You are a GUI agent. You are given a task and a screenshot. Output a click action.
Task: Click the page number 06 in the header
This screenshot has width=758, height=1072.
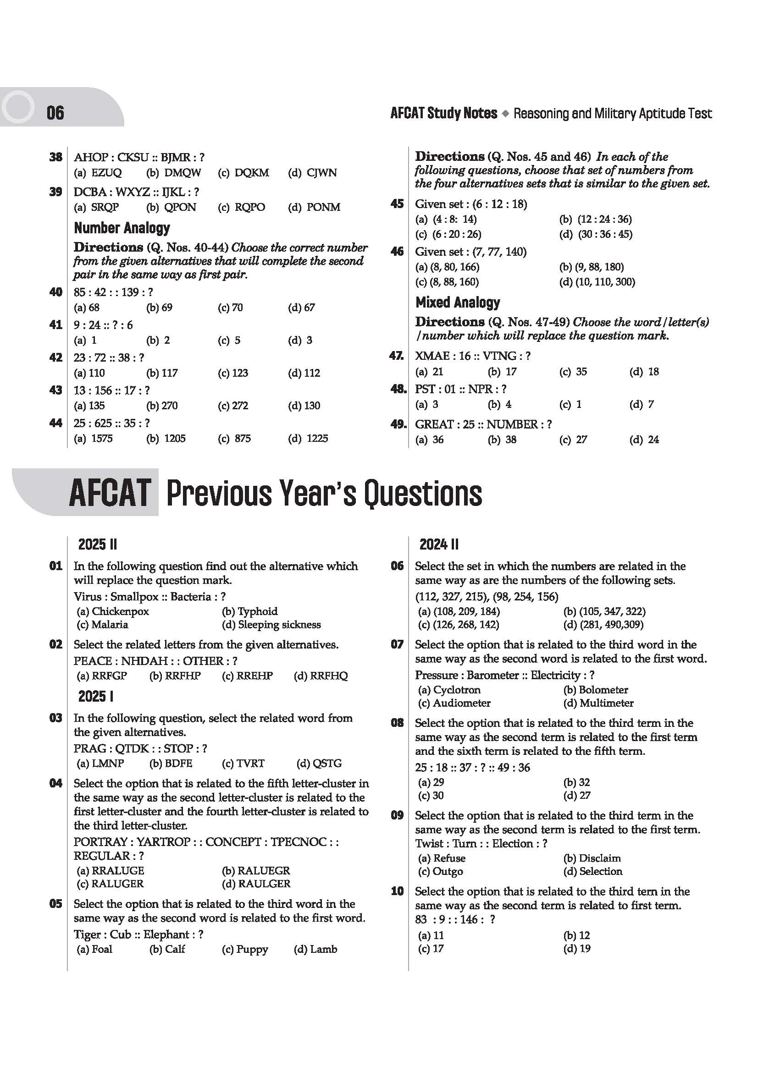[x=55, y=113]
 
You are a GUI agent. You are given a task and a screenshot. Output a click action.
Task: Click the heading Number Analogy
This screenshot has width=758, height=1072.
[x=122, y=228]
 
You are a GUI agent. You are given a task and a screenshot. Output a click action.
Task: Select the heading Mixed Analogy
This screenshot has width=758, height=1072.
[x=457, y=302]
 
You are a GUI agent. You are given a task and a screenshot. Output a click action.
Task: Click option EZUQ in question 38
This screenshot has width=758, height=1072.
[x=106, y=173]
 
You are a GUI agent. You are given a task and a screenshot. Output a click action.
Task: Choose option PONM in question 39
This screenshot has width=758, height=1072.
[x=323, y=207]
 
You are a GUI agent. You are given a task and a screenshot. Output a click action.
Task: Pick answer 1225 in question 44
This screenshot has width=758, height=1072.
[x=317, y=439]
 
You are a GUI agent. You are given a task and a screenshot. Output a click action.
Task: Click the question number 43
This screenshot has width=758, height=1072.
[x=55, y=390]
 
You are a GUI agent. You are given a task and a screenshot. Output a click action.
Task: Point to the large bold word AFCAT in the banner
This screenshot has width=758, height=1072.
[x=110, y=494]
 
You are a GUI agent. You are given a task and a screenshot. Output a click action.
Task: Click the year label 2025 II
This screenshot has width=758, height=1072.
[x=97, y=544]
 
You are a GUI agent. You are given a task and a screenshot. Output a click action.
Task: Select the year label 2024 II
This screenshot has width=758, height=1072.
[x=438, y=544]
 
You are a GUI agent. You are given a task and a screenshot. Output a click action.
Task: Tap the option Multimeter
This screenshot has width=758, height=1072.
[x=606, y=703]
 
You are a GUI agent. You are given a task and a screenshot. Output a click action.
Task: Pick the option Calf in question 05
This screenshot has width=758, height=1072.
[x=175, y=949]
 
